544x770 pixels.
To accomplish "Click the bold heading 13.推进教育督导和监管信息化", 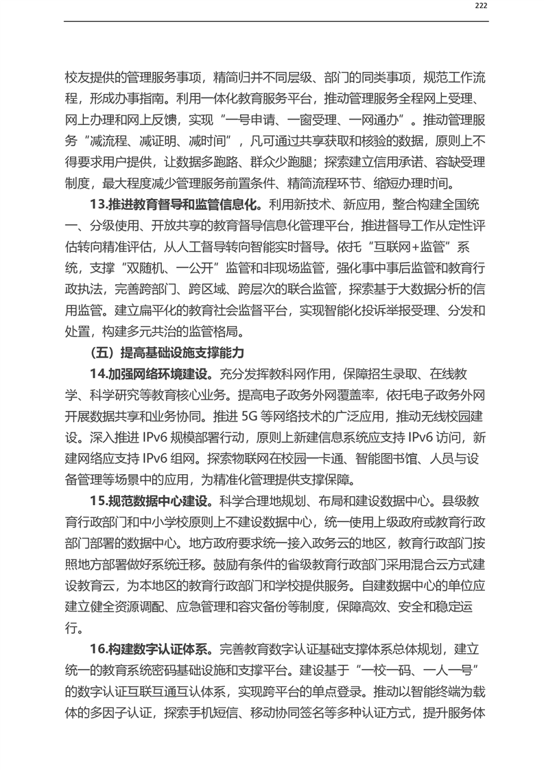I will (x=176, y=204).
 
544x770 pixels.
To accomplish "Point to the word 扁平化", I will (x=160, y=310).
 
